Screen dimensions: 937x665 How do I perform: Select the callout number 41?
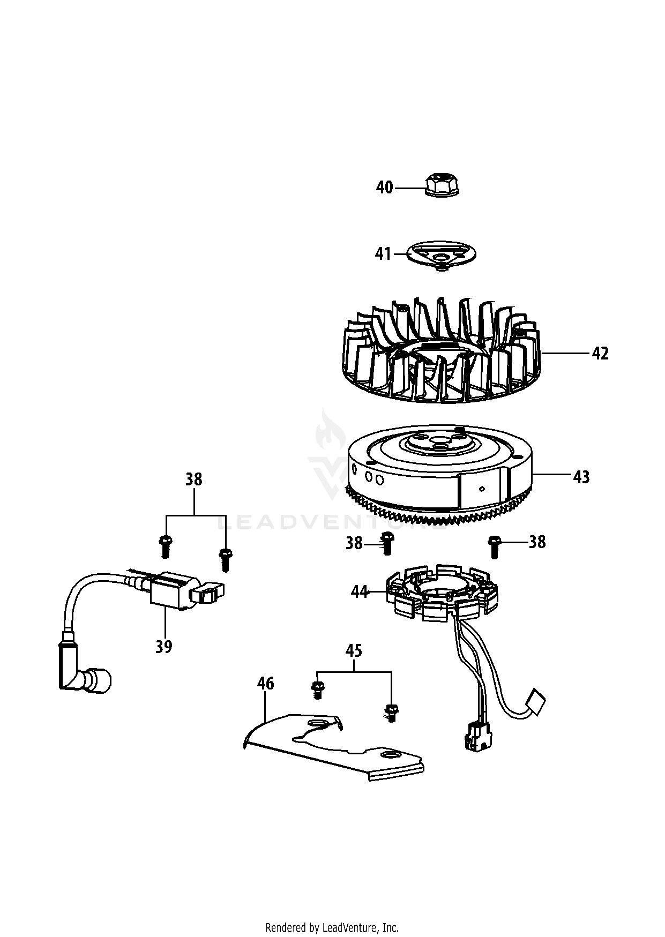(383, 253)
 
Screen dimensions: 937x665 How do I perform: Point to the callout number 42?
(600, 354)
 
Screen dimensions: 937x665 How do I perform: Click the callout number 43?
(581, 476)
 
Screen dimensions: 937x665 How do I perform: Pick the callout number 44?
(360, 592)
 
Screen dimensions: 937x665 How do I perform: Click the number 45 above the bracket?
(354, 651)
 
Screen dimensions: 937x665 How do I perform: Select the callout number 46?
(265, 684)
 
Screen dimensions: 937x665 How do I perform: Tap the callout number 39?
(164, 647)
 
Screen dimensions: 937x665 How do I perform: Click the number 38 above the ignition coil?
(193, 479)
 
